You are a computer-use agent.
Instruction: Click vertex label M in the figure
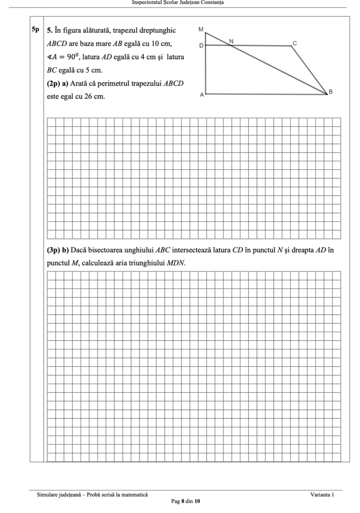pos(201,29)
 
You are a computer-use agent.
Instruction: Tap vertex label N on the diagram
pos(231,41)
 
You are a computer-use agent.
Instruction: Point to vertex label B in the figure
pos(330,92)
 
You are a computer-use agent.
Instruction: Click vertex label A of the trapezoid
pos(201,95)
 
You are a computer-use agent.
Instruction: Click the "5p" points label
pos(35,30)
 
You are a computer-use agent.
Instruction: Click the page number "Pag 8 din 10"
pos(186,501)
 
